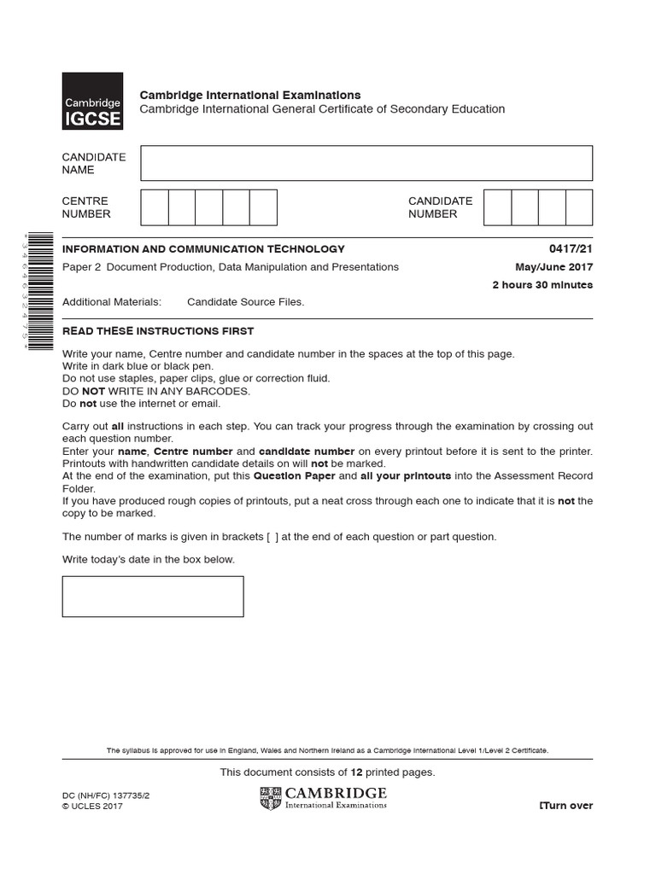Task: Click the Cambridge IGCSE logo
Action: point(92,101)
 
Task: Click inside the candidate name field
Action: point(366,163)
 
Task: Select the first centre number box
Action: point(155,207)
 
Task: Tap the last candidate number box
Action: point(578,207)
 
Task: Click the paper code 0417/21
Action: point(572,249)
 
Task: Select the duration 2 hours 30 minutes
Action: point(542,285)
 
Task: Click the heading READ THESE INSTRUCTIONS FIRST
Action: point(158,331)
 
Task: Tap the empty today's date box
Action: point(153,596)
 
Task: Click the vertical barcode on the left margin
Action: point(26,291)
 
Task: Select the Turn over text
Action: point(566,806)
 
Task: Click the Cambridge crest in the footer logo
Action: point(270,798)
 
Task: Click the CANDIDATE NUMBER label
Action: point(440,207)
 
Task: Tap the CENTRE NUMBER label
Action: point(86,207)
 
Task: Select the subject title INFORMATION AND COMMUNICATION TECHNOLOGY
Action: point(203,249)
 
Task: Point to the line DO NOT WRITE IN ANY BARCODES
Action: point(156,391)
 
